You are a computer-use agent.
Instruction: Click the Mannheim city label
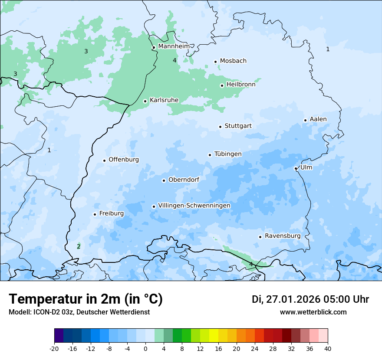pyautogui.click(x=174, y=46)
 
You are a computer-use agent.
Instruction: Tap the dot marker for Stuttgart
pyautogui.click(x=220, y=127)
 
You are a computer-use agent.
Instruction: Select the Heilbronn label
pyautogui.click(x=241, y=85)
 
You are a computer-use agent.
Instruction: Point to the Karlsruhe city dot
pyautogui.click(x=145, y=101)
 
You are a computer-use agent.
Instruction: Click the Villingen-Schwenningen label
pyautogui.click(x=194, y=206)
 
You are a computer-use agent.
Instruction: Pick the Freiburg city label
pyautogui.click(x=112, y=213)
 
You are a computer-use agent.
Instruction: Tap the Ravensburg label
pyautogui.click(x=283, y=236)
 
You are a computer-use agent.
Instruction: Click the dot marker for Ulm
pyautogui.click(x=296, y=168)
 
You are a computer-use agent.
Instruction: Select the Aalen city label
pyautogui.click(x=318, y=119)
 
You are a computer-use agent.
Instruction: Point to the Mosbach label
pyautogui.click(x=233, y=61)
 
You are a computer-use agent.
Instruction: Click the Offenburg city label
pyautogui.click(x=124, y=160)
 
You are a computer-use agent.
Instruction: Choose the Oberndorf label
pyautogui.click(x=184, y=180)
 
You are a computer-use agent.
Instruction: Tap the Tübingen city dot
pyautogui.click(x=210, y=155)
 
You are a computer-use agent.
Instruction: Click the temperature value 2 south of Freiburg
pyautogui.click(x=79, y=246)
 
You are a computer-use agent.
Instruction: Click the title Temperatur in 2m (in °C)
pyautogui.click(x=86, y=299)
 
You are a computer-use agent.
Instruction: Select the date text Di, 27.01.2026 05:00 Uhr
pyautogui.click(x=310, y=299)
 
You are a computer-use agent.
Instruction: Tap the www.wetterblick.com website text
pyautogui.click(x=313, y=312)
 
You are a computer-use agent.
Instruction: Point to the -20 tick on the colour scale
pyautogui.click(x=54, y=348)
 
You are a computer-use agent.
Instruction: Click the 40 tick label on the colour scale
pyautogui.click(x=328, y=348)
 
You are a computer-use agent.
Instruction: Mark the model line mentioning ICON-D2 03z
pyautogui.click(x=79, y=312)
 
